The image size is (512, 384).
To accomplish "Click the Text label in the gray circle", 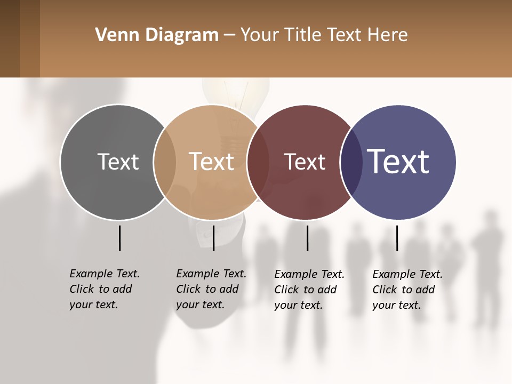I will pyautogui.click(x=118, y=162).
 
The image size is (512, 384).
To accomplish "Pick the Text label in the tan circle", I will pyautogui.click(x=211, y=162).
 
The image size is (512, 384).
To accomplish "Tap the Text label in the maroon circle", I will pyautogui.click(x=305, y=162).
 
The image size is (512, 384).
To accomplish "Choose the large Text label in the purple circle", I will pyautogui.click(x=398, y=161).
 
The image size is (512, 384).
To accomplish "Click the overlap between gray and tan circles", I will pyautogui.click(x=165, y=162).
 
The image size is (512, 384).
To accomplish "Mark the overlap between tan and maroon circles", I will pyautogui.click(x=258, y=162).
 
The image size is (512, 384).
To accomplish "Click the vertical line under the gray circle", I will pyautogui.click(x=119, y=238).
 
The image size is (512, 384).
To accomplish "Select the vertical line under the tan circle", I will pyautogui.click(x=213, y=238).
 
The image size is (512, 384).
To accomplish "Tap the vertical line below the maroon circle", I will pyautogui.click(x=307, y=238).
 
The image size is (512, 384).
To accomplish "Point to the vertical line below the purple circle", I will pyautogui.click(x=397, y=238).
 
